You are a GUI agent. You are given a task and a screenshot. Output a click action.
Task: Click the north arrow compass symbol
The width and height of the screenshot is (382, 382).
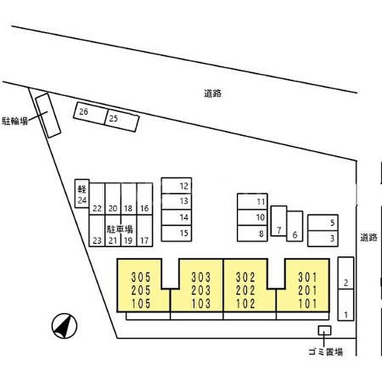[64, 326]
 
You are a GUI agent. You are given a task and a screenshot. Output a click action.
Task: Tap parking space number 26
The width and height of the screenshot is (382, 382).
[91, 113]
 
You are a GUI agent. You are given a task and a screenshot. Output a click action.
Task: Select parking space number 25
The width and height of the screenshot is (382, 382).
[122, 121]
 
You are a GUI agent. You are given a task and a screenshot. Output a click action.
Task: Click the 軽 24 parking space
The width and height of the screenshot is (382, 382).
[82, 194]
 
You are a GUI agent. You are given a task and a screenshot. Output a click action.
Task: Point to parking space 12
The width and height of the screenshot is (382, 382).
[176, 186]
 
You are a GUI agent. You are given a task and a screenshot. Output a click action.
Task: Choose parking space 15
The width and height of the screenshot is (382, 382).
[176, 234]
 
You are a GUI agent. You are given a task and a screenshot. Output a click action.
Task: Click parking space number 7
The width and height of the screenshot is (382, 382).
[279, 221]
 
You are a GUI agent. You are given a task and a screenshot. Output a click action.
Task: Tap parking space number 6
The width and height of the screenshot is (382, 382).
[295, 226]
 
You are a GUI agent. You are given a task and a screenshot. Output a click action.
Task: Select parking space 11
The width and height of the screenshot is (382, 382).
[252, 201]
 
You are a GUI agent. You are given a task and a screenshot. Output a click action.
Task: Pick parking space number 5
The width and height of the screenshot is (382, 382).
[323, 223]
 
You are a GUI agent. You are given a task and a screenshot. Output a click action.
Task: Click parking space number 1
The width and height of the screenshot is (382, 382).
[345, 305]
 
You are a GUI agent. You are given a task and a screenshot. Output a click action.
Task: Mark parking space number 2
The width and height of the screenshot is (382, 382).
[345, 273]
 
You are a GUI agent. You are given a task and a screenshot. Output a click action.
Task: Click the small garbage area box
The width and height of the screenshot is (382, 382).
[325, 330]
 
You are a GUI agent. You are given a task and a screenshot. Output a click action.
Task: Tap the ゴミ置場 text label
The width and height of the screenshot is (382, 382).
[325, 352]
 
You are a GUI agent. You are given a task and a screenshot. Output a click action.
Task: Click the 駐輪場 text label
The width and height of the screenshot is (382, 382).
[15, 121]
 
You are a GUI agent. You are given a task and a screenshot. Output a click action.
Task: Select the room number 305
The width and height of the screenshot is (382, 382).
[141, 277]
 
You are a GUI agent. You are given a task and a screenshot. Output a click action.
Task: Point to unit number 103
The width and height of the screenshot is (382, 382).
[201, 303]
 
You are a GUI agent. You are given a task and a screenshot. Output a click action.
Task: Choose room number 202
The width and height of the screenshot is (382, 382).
[246, 290]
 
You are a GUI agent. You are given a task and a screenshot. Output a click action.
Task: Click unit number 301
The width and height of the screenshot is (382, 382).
[308, 277]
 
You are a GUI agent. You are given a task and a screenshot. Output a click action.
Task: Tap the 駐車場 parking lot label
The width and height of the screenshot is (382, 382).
[120, 230]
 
